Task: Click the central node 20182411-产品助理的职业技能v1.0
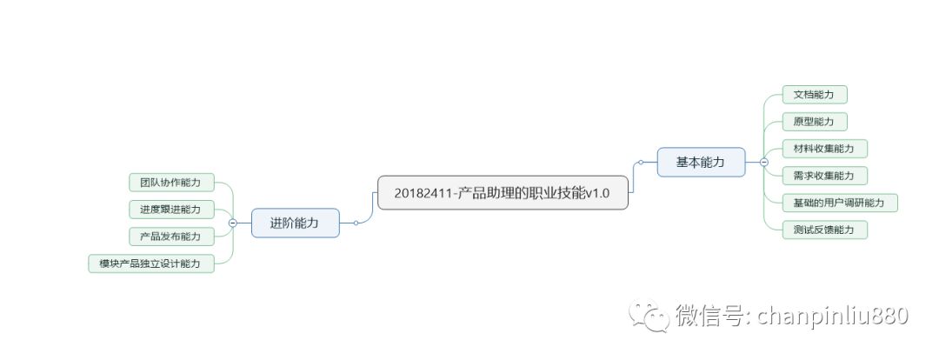click(x=503, y=192)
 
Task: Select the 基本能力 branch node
click(x=701, y=162)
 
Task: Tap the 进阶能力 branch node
click(x=294, y=223)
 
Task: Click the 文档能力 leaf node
click(x=814, y=95)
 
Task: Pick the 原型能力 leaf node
click(x=814, y=122)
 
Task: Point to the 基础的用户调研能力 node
click(x=839, y=203)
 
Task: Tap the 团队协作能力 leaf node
click(x=170, y=183)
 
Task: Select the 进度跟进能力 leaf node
click(x=170, y=210)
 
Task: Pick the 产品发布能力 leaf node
click(x=170, y=237)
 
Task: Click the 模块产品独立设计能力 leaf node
click(x=151, y=263)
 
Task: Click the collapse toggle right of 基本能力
click(x=763, y=162)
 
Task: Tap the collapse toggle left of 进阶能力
click(x=233, y=223)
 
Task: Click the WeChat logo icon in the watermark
click(x=650, y=316)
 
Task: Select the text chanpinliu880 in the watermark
click(x=832, y=316)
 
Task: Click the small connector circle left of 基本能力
click(x=641, y=162)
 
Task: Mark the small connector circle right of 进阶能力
click(x=356, y=223)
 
